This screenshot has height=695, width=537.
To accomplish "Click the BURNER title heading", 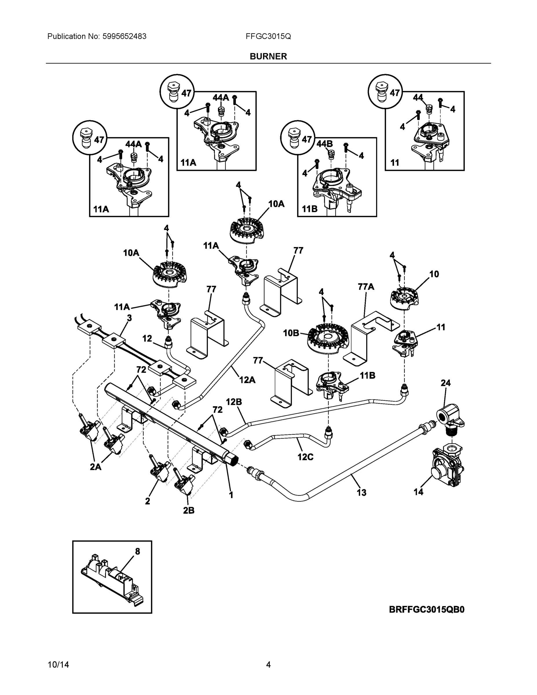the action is click(x=268, y=56).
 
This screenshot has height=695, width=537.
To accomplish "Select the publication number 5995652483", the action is click(x=124, y=36).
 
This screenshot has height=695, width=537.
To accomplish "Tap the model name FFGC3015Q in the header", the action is click(x=268, y=36).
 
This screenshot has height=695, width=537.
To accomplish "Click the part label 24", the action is click(x=446, y=383).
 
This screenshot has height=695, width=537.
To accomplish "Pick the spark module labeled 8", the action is click(x=111, y=582).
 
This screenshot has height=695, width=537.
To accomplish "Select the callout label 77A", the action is click(x=366, y=287).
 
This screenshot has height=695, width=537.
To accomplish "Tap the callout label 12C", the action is click(x=305, y=457).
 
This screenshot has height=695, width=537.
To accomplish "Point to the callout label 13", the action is click(x=361, y=493).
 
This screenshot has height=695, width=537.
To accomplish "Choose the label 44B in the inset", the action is click(x=325, y=144).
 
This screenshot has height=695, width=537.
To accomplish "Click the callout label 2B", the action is click(x=189, y=511).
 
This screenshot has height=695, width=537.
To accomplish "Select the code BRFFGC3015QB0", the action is click(x=427, y=609).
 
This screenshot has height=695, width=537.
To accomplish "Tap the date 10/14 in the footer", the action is click(x=58, y=665).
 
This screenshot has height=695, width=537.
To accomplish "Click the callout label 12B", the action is click(x=234, y=402).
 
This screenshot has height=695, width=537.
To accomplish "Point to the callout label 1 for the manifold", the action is click(x=231, y=495).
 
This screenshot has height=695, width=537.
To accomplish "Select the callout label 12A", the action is click(x=247, y=380).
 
